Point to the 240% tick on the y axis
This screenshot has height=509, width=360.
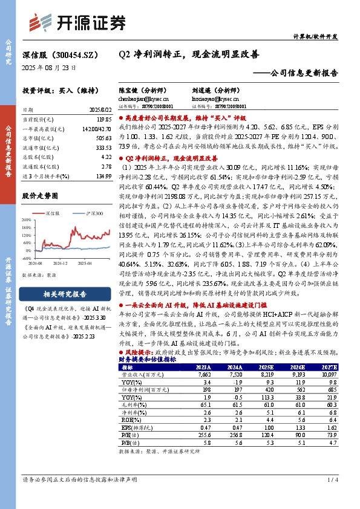pyautogui.click(x=28, y=220)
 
